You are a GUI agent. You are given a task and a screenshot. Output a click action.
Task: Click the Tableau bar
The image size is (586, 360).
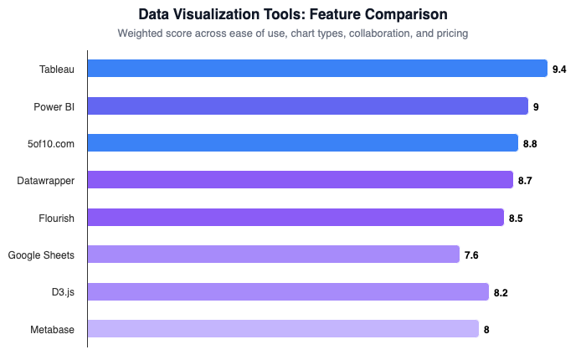click(317, 69)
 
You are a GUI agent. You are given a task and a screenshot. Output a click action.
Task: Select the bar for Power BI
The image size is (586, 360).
click(307, 106)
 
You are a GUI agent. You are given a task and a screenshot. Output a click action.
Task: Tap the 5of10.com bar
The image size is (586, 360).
click(302, 143)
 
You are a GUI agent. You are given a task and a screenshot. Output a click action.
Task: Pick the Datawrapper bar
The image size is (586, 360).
click(300, 180)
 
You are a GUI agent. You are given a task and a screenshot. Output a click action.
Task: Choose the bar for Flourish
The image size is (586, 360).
click(296, 218)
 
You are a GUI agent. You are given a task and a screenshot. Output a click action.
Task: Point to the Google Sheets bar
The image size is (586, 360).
click(274, 255)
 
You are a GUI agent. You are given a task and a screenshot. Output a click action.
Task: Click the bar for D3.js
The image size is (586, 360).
click(288, 291)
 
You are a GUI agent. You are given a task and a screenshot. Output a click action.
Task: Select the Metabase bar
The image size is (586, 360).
click(283, 329)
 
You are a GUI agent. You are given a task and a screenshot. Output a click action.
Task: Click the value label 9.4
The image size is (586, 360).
click(559, 69)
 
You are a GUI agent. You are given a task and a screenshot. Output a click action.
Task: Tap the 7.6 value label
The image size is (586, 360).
click(471, 255)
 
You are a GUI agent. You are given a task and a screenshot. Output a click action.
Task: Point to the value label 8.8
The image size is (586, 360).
click(530, 144)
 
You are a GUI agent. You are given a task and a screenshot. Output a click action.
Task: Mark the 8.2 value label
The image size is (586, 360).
click(501, 292)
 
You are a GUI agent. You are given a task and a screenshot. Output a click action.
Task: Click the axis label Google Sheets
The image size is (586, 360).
click(41, 255)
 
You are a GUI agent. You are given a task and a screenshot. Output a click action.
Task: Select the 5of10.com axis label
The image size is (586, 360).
click(51, 144)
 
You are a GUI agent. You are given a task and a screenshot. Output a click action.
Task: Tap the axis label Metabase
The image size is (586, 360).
click(53, 330)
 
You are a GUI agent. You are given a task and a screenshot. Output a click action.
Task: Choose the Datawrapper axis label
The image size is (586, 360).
click(46, 181)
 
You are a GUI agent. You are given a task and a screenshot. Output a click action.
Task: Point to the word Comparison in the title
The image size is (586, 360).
click(406, 15)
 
